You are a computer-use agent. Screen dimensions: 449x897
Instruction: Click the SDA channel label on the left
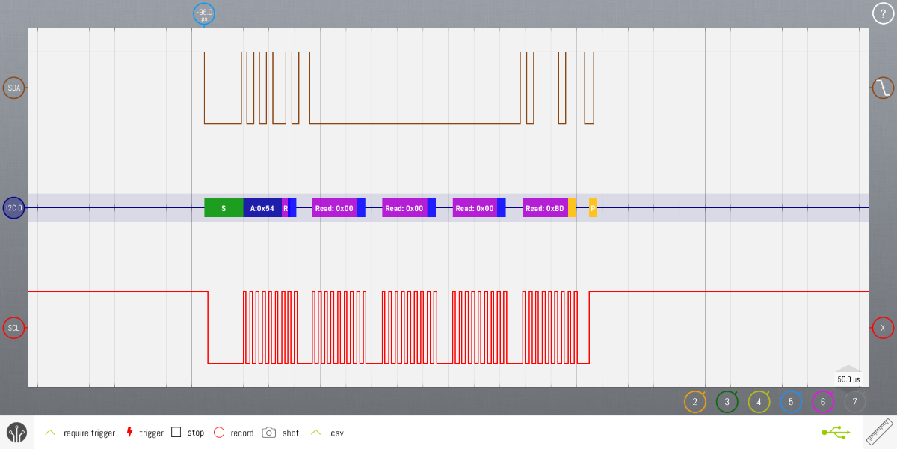(x=14, y=88)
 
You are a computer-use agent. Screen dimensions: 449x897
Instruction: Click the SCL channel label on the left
(x=14, y=328)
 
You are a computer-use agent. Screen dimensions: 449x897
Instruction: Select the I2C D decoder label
(x=14, y=208)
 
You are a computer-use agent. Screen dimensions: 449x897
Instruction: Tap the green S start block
(x=224, y=208)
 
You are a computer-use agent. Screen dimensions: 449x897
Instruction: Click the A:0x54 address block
(x=262, y=208)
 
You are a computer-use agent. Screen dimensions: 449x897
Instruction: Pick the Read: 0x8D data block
(x=545, y=208)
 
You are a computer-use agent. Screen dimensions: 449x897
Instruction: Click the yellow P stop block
(x=593, y=208)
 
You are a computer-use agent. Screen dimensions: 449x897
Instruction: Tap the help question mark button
(x=883, y=13)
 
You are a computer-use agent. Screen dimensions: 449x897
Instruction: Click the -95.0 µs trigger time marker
(x=204, y=14)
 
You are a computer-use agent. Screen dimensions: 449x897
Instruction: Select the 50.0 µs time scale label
(x=848, y=379)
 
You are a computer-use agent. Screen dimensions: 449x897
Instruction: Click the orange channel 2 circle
(x=695, y=402)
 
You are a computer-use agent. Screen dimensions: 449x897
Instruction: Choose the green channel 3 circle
(x=727, y=402)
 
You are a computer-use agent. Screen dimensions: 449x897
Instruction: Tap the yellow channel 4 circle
(x=759, y=402)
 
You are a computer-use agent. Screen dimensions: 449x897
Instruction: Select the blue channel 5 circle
(x=792, y=402)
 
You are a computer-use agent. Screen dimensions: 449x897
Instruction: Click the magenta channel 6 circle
(x=823, y=402)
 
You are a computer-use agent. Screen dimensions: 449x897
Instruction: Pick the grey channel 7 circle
(x=855, y=402)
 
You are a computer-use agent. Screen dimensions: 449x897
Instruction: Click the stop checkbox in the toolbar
(x=176, y=433)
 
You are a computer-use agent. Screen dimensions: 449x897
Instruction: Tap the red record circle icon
(x=219, y=433)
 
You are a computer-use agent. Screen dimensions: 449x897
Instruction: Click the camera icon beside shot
(x=269, y=433)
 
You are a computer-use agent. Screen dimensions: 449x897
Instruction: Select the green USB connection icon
(x=835, y=433)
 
